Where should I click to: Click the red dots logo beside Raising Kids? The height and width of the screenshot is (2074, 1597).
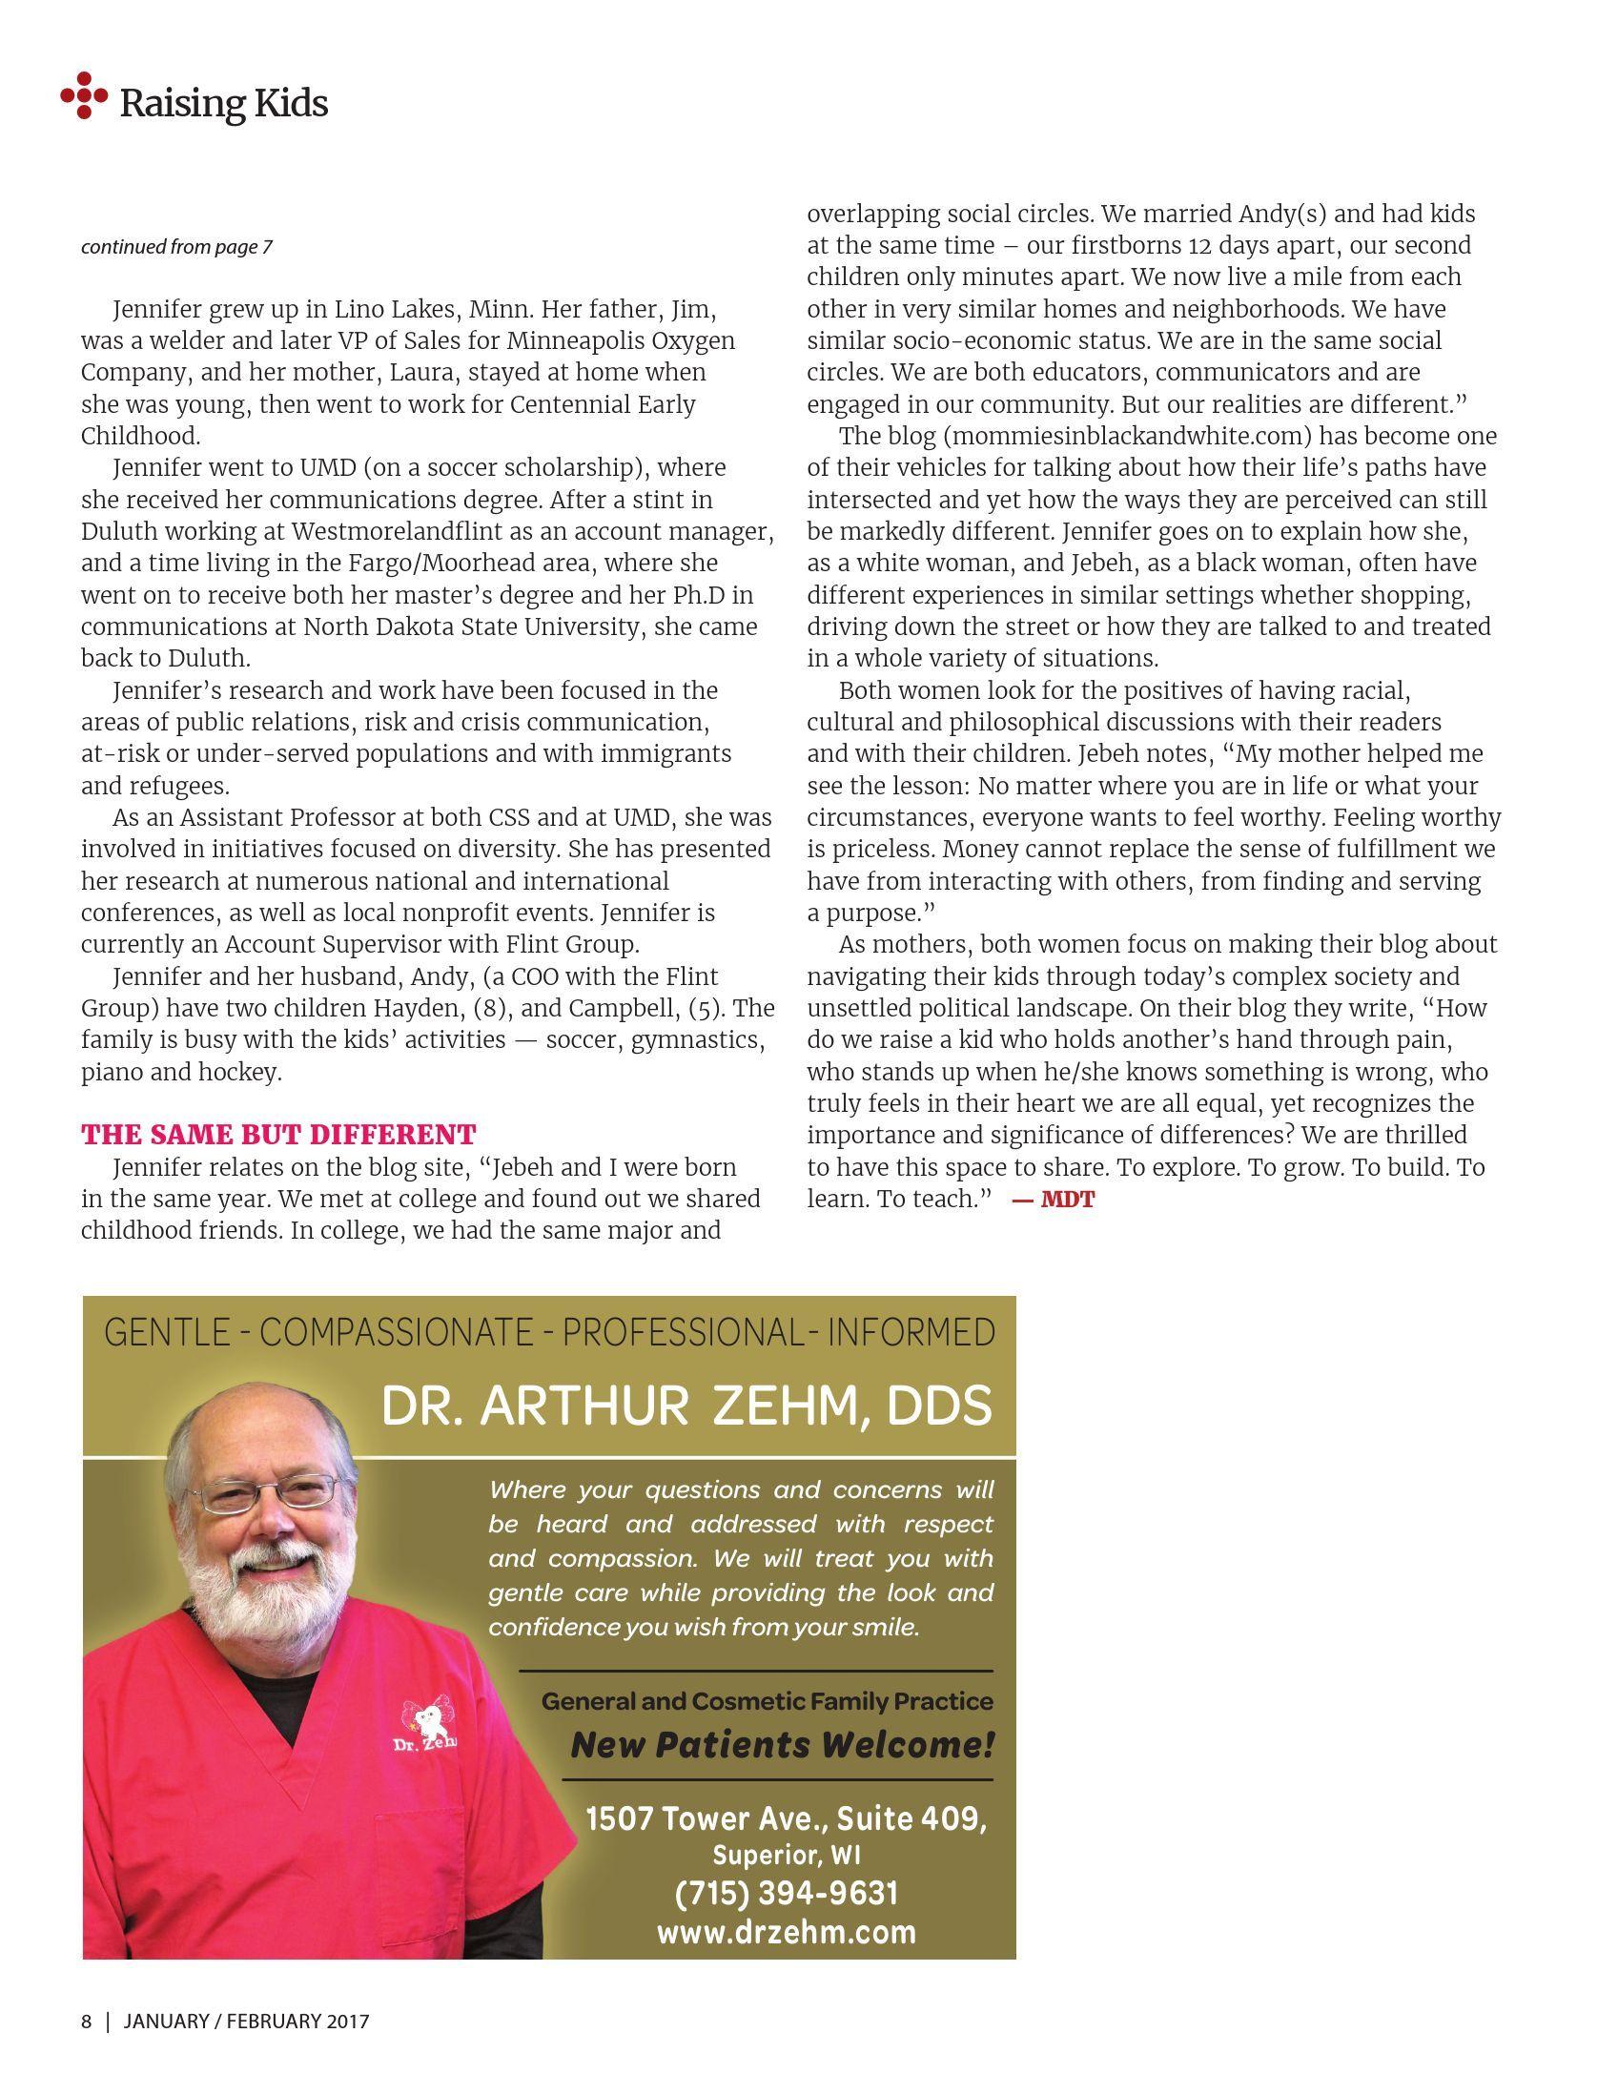(84, 95)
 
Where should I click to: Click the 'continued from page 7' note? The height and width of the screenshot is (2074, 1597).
(176, 247)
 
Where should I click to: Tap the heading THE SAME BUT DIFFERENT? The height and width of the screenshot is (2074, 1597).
(278, 1135)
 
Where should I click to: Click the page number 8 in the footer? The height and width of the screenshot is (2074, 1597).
(87, 2021)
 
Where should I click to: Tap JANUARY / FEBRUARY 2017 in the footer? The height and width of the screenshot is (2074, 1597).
(246, 2021)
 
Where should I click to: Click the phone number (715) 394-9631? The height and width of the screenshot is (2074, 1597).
(787, 1894)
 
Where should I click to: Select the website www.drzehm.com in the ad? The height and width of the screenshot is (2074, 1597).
(787, 1932)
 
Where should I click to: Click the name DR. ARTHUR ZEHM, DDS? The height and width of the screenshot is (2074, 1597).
(686, 1406)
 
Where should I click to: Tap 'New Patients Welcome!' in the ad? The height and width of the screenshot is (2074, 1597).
(782, 1746)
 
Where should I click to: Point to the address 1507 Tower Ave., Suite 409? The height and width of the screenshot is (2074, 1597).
(787, 1818)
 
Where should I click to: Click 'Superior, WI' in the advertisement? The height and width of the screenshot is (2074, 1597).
(787, 1856)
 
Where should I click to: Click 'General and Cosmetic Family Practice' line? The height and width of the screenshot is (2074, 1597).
(767, 1701)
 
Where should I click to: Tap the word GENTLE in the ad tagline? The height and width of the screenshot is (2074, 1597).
(166, 1332)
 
